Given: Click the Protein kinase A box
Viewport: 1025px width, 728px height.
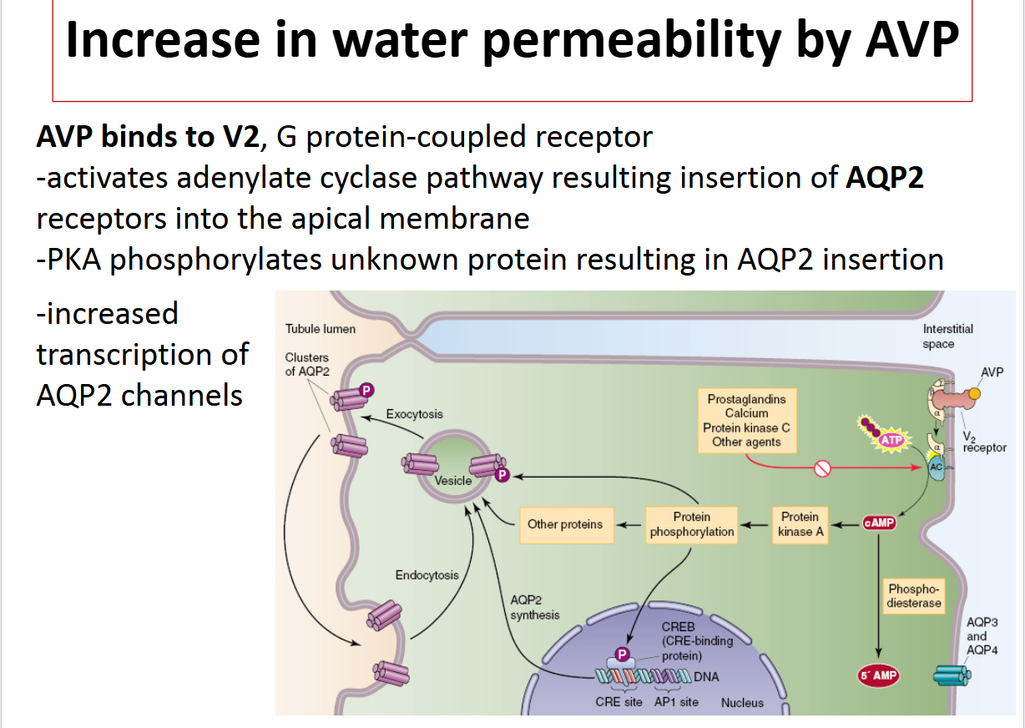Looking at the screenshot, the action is tap(800, 524).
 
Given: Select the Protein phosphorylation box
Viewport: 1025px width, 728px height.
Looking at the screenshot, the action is tap(691, 524).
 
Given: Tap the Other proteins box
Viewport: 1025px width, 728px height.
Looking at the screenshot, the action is tap(565, 524).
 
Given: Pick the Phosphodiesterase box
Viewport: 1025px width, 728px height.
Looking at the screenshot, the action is tap(915, 596).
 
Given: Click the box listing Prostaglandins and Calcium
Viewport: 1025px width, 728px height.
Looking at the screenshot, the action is tap(746, 421).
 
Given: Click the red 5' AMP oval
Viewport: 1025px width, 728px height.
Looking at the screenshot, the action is tap(878, 675).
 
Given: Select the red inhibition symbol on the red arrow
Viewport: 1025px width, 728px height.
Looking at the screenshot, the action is tap(822, 469).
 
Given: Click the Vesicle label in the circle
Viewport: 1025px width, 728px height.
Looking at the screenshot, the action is tap(452, 481).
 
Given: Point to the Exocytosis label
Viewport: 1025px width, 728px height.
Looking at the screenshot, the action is tap(414, 414).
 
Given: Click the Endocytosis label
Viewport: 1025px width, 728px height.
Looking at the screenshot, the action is tap(427, 574).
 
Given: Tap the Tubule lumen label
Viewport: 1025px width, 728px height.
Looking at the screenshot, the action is tap(320, 329).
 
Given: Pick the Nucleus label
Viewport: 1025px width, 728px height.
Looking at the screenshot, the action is tap(742, 703).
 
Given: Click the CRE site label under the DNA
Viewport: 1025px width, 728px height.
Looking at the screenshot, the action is tap(619, 702).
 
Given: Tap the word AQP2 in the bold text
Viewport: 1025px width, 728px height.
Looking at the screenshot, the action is tap(884, 179).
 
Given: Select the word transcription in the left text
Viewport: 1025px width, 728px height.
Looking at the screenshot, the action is tap(142, 355).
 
